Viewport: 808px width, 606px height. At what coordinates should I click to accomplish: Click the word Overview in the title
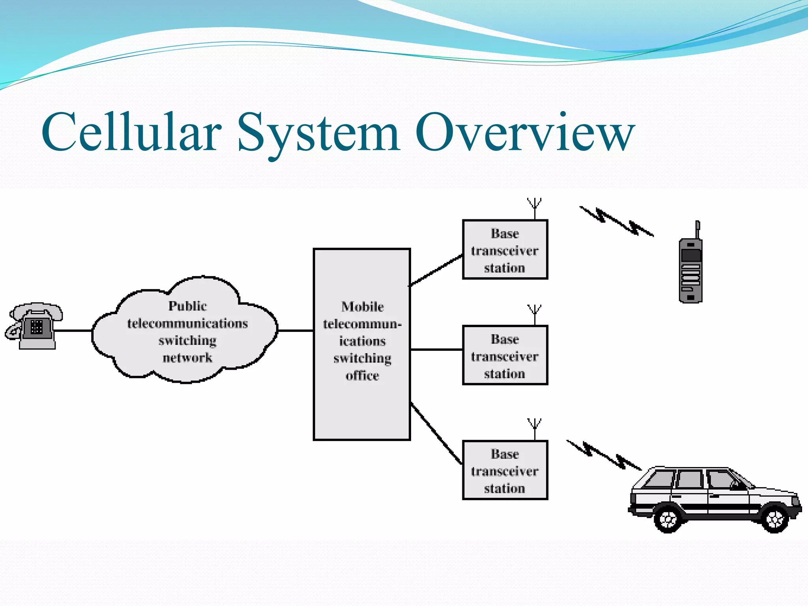[525, 132]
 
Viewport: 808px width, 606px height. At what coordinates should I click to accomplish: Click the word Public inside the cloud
[187, 306]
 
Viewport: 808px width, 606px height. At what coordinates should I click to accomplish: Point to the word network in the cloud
[187, 358]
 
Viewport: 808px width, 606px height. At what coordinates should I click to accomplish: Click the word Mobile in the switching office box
[362, 307]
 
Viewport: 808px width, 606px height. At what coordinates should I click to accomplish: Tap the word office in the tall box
[362, 376]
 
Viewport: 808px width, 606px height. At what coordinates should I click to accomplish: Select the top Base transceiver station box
[505, 250]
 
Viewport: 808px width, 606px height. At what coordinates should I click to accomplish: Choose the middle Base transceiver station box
[505, 355]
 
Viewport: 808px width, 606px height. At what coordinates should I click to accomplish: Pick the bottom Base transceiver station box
[505, 470]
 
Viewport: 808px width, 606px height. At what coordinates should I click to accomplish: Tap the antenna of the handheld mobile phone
[698, 229]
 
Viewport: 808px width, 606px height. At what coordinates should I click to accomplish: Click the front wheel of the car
[775, 518]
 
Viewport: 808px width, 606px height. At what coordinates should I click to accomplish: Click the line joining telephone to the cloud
[73, 331]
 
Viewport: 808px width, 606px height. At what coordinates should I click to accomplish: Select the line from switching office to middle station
[436, 350]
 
